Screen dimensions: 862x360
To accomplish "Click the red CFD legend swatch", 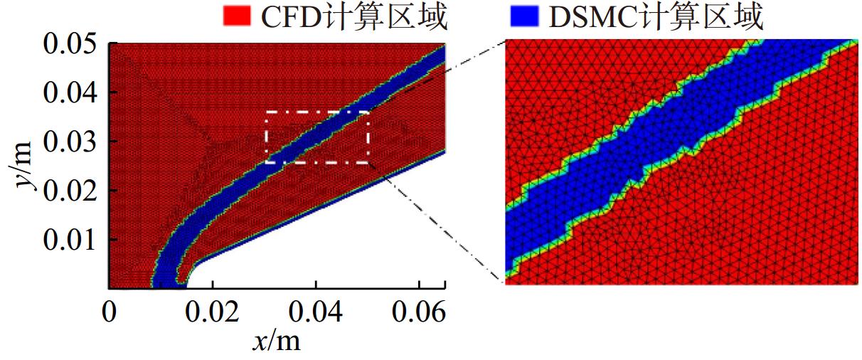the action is (237, 16).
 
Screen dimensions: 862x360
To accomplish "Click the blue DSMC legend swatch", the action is (524, 16).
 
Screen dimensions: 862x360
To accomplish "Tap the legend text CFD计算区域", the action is (354, 16).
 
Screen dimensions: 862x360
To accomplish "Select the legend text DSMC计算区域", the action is (656, 16).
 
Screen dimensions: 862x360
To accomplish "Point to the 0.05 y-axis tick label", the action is (70, 43).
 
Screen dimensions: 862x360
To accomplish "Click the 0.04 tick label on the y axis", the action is (70, 92).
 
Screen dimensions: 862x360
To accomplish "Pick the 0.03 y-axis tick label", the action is (70, 142).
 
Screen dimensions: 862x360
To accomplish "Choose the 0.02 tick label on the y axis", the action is (70, 191).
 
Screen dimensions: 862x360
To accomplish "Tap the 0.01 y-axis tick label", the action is (70, 240).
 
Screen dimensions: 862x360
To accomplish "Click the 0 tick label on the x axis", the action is (110, 311).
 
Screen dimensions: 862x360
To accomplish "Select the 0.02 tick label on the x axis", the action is (213, 311).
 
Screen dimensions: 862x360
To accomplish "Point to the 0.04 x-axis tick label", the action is (316, 311).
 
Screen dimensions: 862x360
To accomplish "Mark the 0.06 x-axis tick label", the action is (419, 311).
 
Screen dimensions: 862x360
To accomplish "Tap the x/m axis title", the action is (276, 341).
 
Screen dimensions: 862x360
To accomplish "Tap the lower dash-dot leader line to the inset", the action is (436, 223).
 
